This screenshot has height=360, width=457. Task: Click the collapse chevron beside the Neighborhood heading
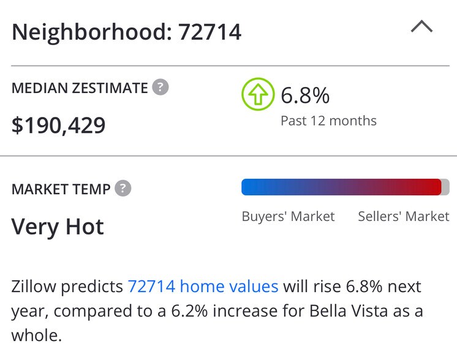421,27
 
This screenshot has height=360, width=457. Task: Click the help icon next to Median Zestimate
161,87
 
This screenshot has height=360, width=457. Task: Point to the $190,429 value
59,125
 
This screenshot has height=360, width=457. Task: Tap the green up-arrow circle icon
258,94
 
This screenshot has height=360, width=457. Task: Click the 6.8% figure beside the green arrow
305,96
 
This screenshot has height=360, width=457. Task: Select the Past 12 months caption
328,121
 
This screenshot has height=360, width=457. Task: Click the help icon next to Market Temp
123,188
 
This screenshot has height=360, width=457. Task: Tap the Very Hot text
58,227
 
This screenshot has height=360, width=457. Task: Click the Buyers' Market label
288,216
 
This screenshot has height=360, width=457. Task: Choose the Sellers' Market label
403,216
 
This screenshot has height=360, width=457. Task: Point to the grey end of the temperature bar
445,187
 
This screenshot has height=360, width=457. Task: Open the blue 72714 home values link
203,286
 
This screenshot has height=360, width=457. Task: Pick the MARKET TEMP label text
61,189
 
